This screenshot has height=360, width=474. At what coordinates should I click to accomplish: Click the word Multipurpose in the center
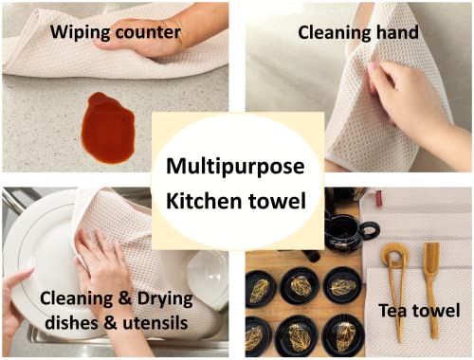[x=235, y=167]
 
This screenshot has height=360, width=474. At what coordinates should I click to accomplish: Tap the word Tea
[x=394, y=311]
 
